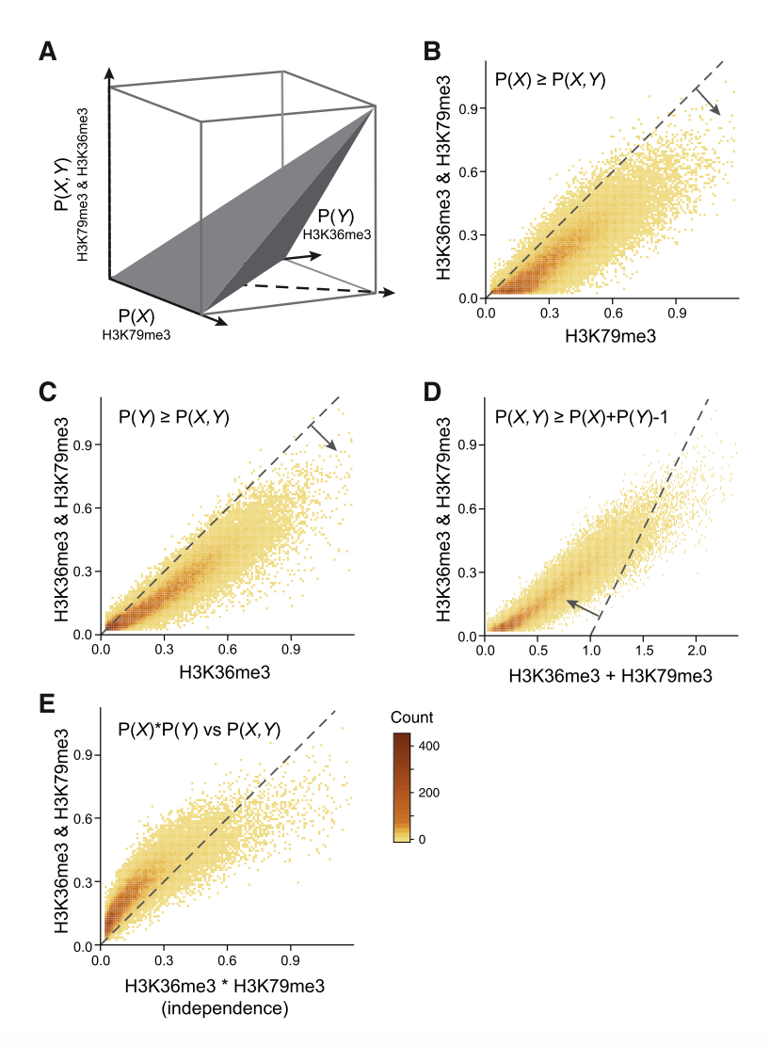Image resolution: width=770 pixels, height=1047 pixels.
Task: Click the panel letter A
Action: (48, 53)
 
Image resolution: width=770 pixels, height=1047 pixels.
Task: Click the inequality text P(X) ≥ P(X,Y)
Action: (551, 80)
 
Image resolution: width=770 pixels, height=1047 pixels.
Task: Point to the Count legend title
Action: (413, 718)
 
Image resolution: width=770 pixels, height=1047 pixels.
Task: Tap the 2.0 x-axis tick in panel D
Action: (696, 651)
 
